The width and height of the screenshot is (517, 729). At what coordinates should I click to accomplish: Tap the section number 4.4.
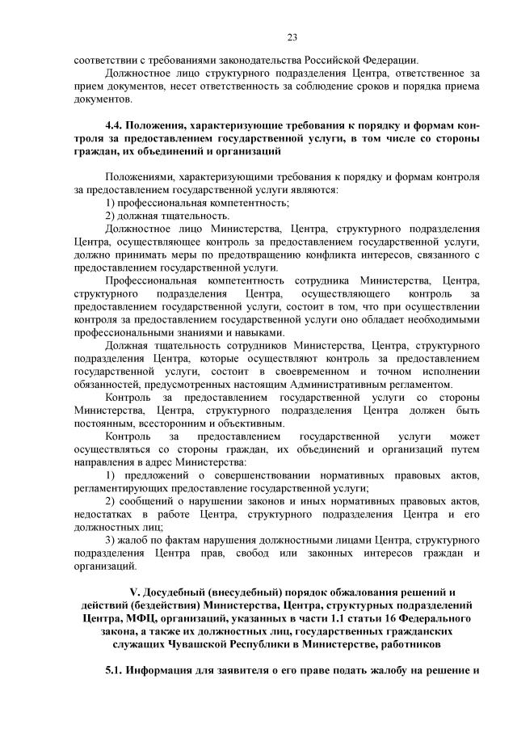click(x=114, y=127)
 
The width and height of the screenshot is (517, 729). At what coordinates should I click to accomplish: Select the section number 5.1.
click(x=114, y=671)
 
